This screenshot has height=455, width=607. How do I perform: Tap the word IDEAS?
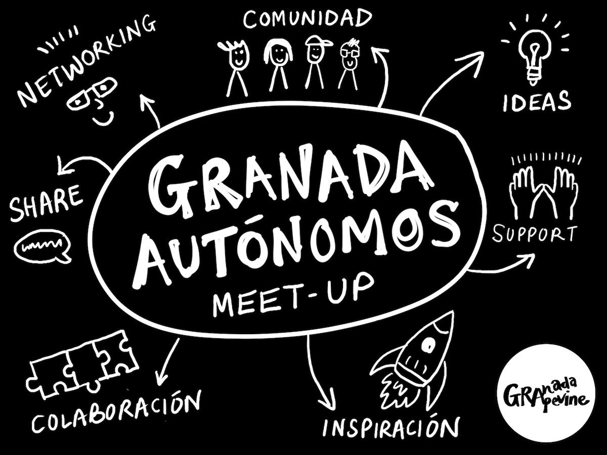[536, 102]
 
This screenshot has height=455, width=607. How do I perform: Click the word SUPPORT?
[535, 235]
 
